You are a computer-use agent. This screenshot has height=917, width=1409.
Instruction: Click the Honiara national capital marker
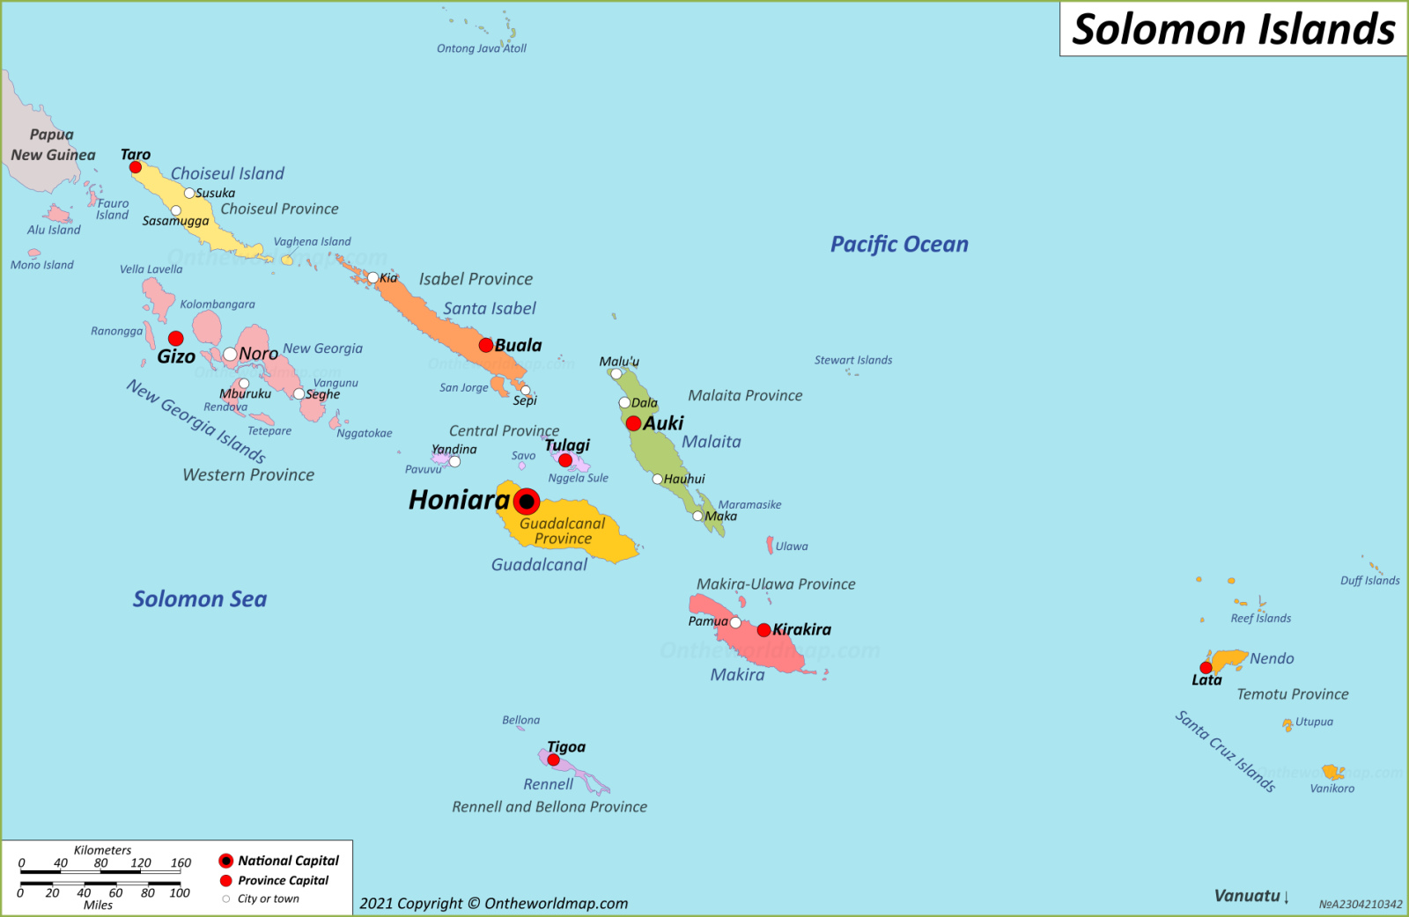[x=527, y=502]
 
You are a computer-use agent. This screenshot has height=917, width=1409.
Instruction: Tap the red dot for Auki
[x=633, y=423]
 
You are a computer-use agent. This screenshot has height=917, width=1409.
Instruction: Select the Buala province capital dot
[x=485, y=345]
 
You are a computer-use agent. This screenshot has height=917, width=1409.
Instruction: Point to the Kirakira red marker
[x=764, y=630]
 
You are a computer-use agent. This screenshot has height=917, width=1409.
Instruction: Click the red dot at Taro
[x=136, y=167]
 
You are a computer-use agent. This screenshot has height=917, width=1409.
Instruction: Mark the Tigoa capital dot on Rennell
[x=553, y=759]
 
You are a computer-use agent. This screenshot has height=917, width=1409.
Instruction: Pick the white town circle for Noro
[x=230, y=354]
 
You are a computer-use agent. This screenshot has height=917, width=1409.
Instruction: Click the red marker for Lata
[x=1206, y=668]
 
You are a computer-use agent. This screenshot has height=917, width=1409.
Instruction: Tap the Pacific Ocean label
[x=899, y=245]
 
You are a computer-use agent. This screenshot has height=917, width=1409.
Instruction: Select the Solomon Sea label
[x=200, y=599]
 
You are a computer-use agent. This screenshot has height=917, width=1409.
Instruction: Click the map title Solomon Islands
[x=1233, y=29]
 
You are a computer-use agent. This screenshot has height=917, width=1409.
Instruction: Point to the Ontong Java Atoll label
[x=482, y=48]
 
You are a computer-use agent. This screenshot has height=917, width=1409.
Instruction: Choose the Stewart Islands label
[x=852, y=360]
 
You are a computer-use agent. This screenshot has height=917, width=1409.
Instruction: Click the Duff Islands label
[x=1369, y=581]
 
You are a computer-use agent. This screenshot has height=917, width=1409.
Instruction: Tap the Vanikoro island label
[x=1332, y=789]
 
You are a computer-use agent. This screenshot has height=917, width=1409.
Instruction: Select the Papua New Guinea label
[x=53, y=145]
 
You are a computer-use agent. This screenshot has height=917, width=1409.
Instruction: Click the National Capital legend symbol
[x=226, y=861]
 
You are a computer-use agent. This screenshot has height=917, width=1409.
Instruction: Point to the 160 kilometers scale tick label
[x=181, y=862]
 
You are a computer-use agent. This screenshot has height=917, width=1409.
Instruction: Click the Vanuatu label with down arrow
[x=1251, y=896]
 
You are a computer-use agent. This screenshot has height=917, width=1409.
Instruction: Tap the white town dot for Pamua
[x=735, y=622]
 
